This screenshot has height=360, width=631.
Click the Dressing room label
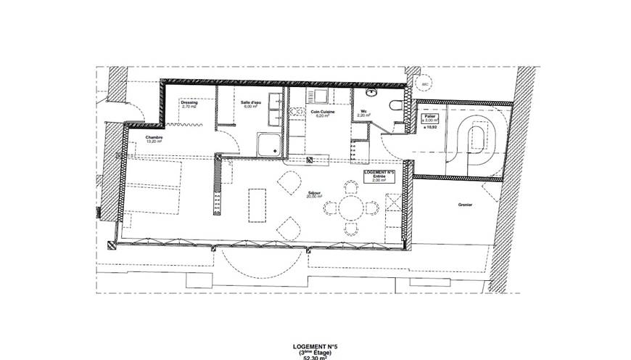(x=189, y=102)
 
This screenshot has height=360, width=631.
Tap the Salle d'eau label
(x=251, y=102)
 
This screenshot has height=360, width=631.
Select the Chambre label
(x=154, y=137)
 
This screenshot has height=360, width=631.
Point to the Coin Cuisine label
(x=321, y=112)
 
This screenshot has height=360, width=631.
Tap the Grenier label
(x=466, y=205)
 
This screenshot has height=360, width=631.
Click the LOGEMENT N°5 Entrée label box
(x=379, y=177)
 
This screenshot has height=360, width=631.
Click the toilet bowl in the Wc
(x=396, y=105)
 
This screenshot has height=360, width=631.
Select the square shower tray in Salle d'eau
(x=270, y=144)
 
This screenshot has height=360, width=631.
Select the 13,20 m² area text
(x=152, y=142)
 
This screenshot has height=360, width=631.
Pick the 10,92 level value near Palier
(x=429, y=127)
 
